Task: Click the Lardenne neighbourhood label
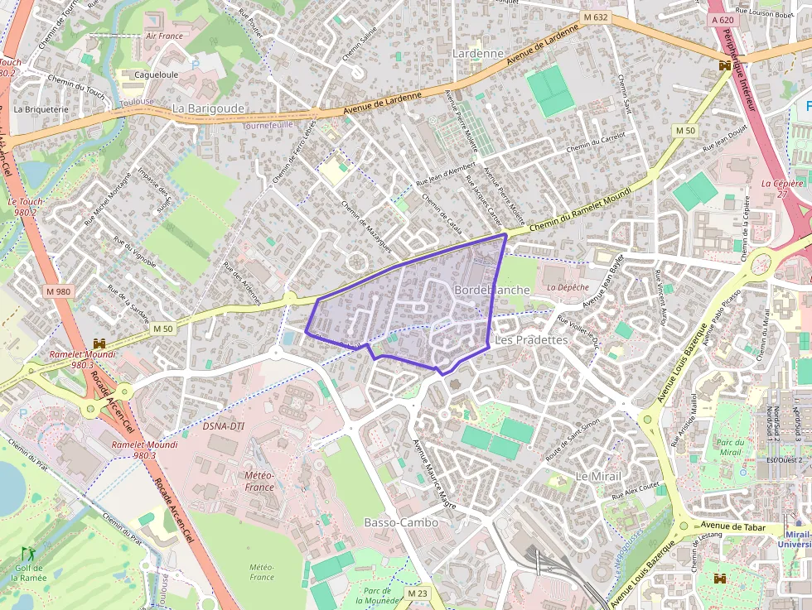point(478,54)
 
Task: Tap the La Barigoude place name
point(208,108)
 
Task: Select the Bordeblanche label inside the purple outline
point(491,291)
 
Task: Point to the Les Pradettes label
point(530,340)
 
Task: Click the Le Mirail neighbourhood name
point(598,476)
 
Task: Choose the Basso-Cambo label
point(401,522)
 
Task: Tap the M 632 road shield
point(595,17)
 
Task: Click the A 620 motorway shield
point(722,19)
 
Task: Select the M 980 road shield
point(59,291)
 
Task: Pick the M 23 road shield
point(418,593)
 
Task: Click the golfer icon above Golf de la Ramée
point(28,553)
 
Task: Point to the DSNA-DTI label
point(224,426)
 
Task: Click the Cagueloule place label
point(157,74)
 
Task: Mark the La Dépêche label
point(568,287)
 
